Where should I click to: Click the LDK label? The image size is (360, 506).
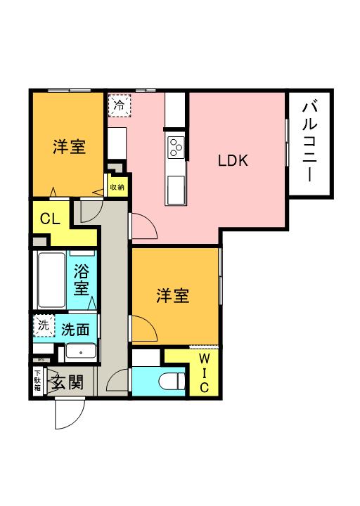tap(232, 160)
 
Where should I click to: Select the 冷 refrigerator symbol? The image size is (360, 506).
tap(118, 105)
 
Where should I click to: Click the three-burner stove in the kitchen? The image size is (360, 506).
tap(175, 147)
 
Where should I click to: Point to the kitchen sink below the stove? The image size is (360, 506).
tap(175, 188)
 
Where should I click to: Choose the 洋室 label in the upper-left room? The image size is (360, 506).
tap(69, 148)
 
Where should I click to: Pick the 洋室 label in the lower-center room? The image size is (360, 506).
tap(172, 296)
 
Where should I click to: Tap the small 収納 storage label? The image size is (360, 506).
tap(117, 187)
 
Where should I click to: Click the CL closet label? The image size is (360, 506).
tap(49, 218)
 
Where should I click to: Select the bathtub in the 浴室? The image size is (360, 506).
tap(51, 280)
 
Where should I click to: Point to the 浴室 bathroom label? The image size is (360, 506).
tap(82, 278)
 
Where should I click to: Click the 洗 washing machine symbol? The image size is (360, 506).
tap(44, 325)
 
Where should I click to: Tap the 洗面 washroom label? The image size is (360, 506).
tap(75, 328)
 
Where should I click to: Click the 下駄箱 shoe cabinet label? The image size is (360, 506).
tap(37, 383)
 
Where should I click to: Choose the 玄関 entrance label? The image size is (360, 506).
tap(67, 383)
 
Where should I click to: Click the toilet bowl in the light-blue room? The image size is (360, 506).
tap(172, 382)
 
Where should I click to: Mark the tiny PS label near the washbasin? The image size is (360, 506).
tap(40, 361)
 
